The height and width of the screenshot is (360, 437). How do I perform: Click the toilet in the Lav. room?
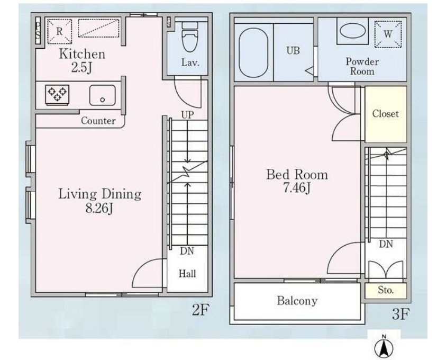tap(190, 37)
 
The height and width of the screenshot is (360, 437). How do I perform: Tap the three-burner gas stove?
tap(58, 95)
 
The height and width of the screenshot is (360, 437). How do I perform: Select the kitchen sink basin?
tap(102, 95)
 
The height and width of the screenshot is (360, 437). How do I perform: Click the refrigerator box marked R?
tap(59, 31)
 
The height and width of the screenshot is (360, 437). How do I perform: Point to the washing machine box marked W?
tap(388, 34)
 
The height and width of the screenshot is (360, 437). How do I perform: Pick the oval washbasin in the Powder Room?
tap(352, 31)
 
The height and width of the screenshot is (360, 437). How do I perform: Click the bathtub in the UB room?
tap(253, 52)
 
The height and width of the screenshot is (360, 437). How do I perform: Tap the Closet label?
tap(386, 113)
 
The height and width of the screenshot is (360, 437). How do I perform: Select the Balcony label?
tap(297, 301)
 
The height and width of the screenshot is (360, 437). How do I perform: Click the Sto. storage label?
tap(386, 290)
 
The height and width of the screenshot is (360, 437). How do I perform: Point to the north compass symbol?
tap(384, 346)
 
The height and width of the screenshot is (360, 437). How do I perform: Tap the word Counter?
tap(98, 121)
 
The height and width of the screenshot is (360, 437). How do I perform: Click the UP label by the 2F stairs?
tap(187, 114)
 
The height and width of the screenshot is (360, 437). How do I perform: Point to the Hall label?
tap(187, 274)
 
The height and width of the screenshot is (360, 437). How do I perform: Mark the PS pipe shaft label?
tap(38, 30)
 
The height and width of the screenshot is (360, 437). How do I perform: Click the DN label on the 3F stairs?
tap(386, 244)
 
